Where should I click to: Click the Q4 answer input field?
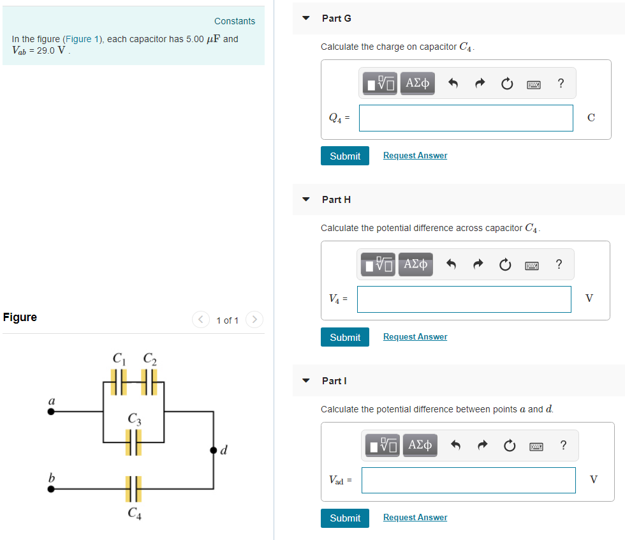(466, 118)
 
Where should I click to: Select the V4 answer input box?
(464, 299)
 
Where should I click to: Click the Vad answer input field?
(468, 481)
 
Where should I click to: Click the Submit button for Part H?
(345, 337)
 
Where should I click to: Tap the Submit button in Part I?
(345, 518)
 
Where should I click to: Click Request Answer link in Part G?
(415, 156)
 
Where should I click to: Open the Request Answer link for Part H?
(415, 337)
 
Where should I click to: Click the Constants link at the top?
(235, 21)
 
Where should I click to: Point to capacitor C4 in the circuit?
(133, 490)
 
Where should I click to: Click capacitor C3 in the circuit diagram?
(133, 442)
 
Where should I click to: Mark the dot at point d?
(213, 451)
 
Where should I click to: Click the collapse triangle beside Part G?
(306, 19)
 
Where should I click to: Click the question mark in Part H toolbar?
(559, 264)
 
